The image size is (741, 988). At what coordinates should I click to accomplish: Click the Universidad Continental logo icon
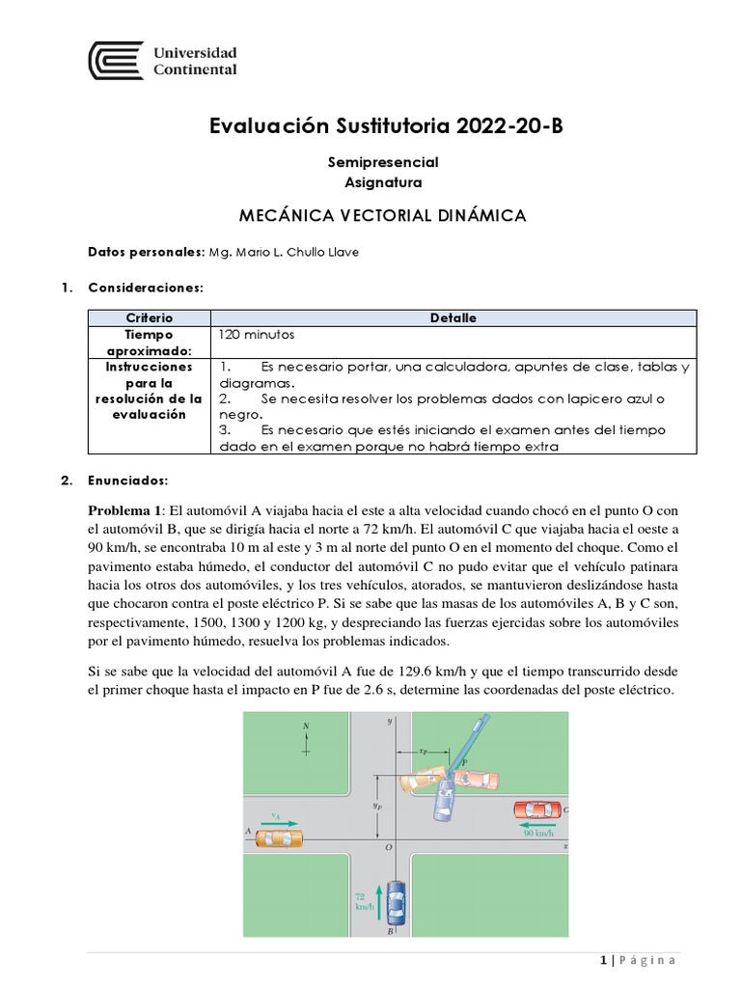[x=116, y=60]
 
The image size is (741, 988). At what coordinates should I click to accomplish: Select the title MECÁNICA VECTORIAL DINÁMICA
[x=382, y=215]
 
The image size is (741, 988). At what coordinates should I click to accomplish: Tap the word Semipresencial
[x=383, y=162]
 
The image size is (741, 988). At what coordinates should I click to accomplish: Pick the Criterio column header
[x=150, y=317]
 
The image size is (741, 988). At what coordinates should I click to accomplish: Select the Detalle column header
[x=453, y=317]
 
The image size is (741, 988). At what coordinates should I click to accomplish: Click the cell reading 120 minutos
[x=257, y=334]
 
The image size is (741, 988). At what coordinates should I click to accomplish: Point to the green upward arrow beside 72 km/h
[x=380, y=902]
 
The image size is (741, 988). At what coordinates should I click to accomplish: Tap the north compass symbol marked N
[x=307, y=736]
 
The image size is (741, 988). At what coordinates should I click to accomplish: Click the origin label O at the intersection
[x=388, y=847]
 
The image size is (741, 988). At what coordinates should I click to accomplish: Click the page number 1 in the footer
[x=603, y=960]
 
